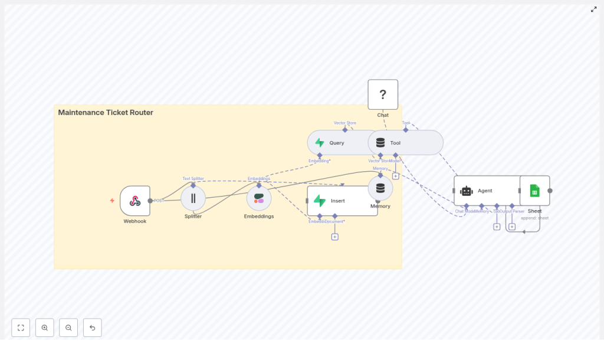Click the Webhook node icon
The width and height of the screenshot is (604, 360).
[135, 201]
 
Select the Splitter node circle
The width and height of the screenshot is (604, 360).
[193, 198]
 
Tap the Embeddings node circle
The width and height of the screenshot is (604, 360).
[259, 198]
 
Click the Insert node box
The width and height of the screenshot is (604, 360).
[342, 201]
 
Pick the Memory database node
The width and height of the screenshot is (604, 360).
[380, 188]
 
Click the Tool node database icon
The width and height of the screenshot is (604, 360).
[380, 143]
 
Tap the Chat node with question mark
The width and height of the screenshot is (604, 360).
[383, 94]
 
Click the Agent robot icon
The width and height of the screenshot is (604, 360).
[467, 191]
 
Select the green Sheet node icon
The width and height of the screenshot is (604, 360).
[534, 191]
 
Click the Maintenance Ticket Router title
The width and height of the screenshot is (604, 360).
[106, 112]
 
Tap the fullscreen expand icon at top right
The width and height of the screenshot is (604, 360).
[594, 9]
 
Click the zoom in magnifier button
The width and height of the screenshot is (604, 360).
[45, 328]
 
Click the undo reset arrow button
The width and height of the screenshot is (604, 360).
[92, 328]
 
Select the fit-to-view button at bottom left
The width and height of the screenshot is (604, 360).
[21, 328]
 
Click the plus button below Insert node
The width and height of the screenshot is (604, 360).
[334, 237]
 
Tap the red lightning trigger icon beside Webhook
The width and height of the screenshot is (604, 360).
[112, 201]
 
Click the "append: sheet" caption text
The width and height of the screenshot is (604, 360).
[534, 218]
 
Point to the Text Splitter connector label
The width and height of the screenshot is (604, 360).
[193, 178]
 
